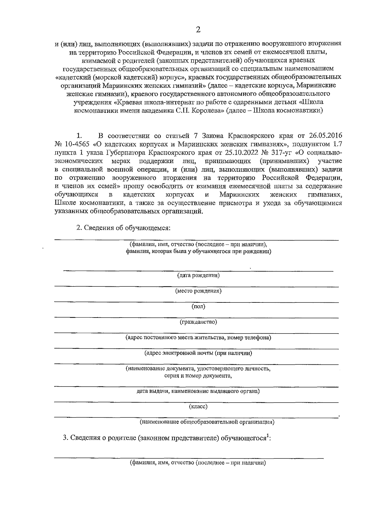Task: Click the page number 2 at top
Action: tap(198, 30)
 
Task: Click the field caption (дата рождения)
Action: tap(198, 275)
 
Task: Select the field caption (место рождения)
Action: tap(198, 291)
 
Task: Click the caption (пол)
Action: tap(198, 306)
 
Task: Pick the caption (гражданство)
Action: tap(198, 322)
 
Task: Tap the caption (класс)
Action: tap(198, 407)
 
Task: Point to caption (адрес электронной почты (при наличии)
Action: tap(198, 353)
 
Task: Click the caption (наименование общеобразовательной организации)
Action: tap(207, 422)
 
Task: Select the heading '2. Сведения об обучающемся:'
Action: tap(123, 228)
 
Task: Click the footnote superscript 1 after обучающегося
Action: tap(268, 435)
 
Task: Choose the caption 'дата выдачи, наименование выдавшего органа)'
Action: tap(198, 392)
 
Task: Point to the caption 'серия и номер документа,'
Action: tap(198, 376)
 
